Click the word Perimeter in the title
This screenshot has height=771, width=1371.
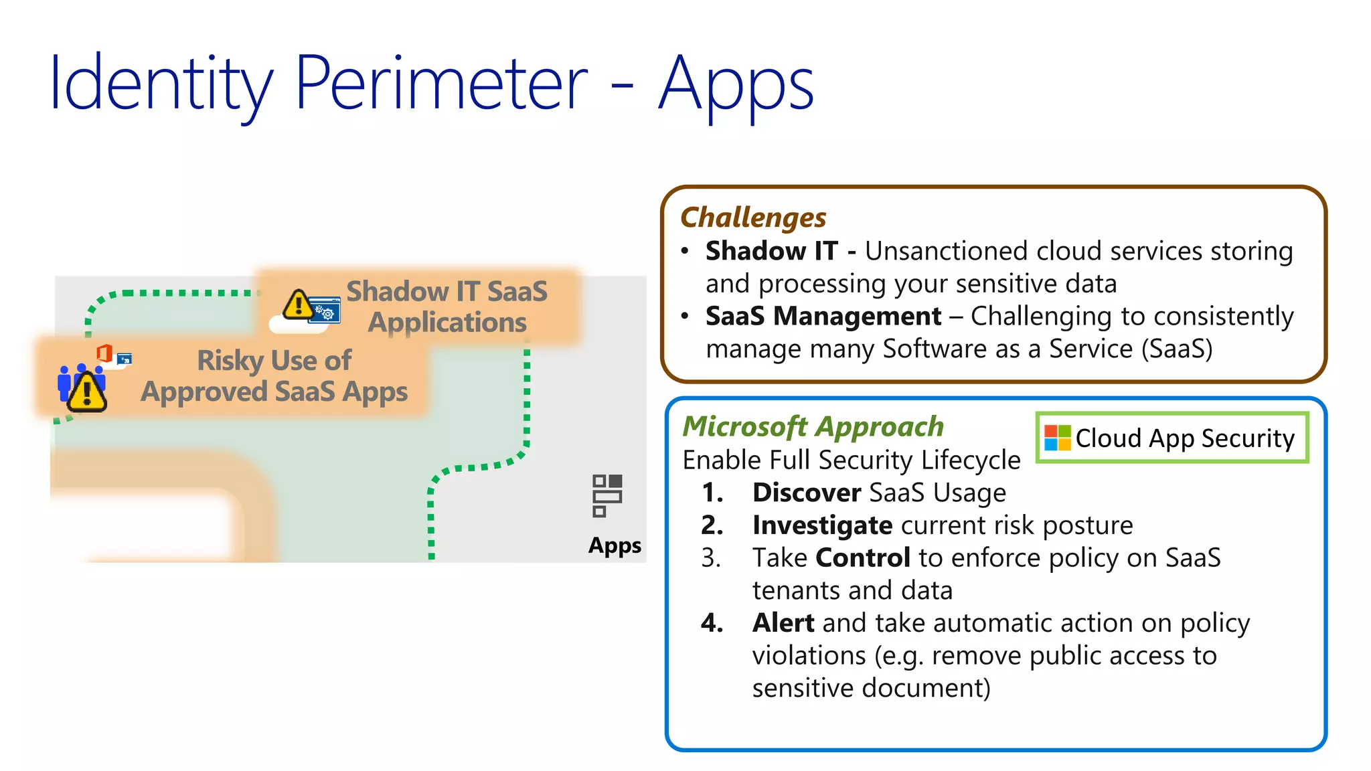[x=440, y=83]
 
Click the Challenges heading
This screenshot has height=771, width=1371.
[x=753, y=218]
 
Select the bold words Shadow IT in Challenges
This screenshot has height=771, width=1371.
[x=771, y=251]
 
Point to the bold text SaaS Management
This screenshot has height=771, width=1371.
[x=823, y=316]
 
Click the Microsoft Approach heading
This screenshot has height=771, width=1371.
[x=813, y=427]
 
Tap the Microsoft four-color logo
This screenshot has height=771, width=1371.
[x=1057, y=438]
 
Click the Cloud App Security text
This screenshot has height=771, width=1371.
[x=1184, y=438]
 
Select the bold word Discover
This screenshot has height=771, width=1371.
[x=806, y=493]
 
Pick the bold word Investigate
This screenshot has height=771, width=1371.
[x=821, y=525]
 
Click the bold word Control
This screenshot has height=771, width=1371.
[x=862, y=558]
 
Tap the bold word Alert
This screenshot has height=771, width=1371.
[x=783, y=623]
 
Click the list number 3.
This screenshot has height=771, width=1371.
[x=711, y=558]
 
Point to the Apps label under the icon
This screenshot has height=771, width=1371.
[x=614, y=545]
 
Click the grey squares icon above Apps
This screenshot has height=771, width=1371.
[x=607, y=496]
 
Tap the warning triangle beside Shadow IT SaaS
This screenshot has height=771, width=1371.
[x=297, y=305]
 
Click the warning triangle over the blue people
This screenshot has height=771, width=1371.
[x=86, y=392]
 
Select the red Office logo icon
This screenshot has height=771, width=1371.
[x=104, y=353]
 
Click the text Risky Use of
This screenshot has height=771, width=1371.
[x=274, y=361]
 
